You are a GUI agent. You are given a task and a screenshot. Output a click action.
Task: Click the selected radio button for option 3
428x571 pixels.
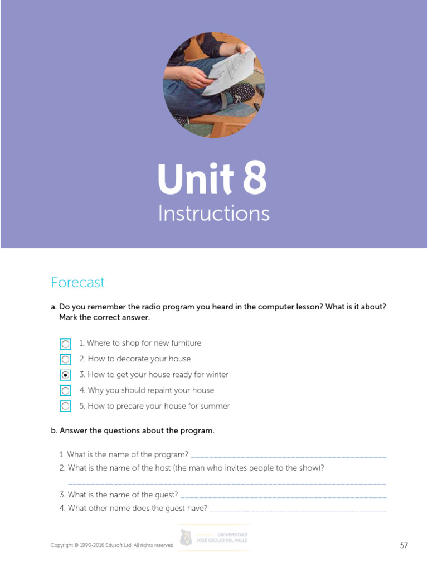66,375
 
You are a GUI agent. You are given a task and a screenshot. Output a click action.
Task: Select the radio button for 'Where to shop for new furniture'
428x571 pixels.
66,344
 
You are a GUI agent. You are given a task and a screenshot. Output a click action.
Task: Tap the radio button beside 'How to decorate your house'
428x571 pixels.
66,360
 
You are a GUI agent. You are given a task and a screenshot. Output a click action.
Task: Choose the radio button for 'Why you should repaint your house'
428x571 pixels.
66,391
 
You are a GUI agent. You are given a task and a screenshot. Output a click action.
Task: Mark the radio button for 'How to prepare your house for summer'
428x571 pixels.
66,407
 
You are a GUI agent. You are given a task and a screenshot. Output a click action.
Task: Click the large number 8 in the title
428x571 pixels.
254,180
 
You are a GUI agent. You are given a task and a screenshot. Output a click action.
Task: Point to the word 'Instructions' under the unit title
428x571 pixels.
213,214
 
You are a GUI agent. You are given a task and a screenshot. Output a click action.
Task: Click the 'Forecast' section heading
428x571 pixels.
78,283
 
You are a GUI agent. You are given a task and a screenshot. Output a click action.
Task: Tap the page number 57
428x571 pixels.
404,545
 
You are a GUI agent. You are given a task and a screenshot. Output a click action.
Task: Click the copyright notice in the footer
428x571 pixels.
112,545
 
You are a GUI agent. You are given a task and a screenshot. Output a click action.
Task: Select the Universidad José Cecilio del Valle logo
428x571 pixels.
214,538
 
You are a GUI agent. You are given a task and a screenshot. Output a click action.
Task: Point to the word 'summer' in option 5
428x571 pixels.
216,406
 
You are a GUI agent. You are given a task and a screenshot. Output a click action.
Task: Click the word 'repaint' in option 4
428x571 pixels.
153,390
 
